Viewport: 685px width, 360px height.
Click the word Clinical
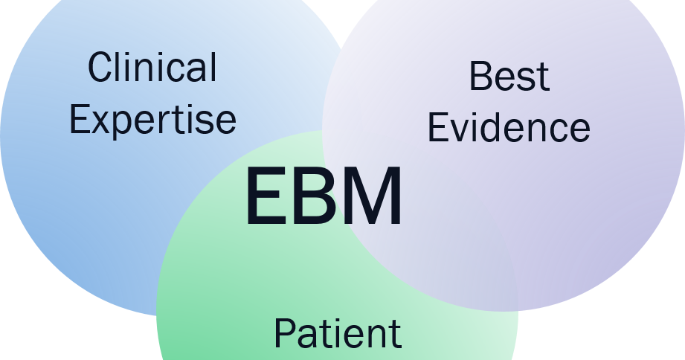tap(152, 68)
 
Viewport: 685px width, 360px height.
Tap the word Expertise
tap(152, 120)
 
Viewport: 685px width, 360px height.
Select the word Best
tap(509, 77)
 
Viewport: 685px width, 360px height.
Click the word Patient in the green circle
tap(338, 333)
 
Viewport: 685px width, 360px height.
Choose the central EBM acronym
tap(324, 198)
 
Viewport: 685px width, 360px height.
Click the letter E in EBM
tap(264, 198)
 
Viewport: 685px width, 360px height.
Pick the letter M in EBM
tap(372, 198)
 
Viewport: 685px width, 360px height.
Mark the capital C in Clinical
tap(100, 68)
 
